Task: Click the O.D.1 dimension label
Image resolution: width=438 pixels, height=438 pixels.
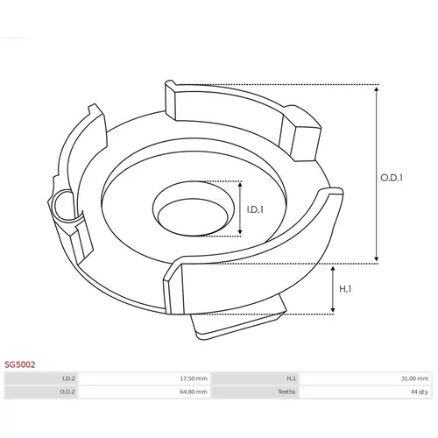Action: coord(392,178)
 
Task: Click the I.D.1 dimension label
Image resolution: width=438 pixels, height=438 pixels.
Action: coord(255,209)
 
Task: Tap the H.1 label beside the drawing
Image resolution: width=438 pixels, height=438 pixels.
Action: coord(345,289)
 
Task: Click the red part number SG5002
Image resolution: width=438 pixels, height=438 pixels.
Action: coord(19,364)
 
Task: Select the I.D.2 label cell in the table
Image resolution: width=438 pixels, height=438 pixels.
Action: coord(41,378)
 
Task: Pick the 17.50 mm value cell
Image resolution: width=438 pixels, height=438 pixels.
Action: coord(145,378)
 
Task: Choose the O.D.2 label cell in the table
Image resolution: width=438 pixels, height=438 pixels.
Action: coord(41,392)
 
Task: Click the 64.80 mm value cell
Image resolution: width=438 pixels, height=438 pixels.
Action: coord(145,392)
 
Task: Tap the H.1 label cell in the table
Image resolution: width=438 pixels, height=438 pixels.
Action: coord(256,378)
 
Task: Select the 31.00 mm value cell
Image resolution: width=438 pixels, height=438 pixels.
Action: coord(365,378)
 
